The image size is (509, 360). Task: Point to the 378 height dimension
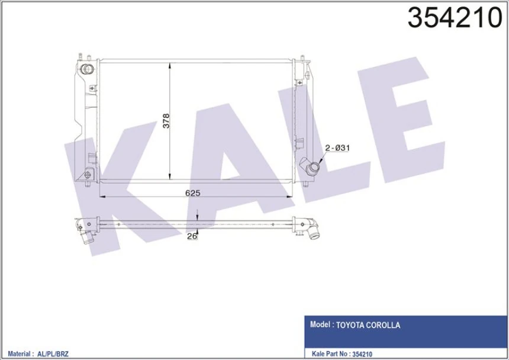166,120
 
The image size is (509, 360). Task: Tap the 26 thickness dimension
191,237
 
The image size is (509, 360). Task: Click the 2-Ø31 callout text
336,148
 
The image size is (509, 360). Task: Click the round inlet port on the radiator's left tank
88,69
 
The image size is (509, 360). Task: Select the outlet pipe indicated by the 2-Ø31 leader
311,169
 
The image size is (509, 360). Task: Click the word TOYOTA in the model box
352,325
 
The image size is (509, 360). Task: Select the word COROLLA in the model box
385,325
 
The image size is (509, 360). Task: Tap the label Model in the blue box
320,325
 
